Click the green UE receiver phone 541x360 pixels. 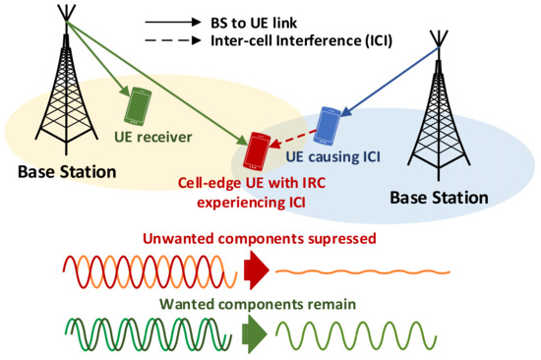140,102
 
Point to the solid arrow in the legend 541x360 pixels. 173,20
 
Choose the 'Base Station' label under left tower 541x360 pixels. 66,173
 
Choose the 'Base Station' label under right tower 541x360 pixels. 439,197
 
